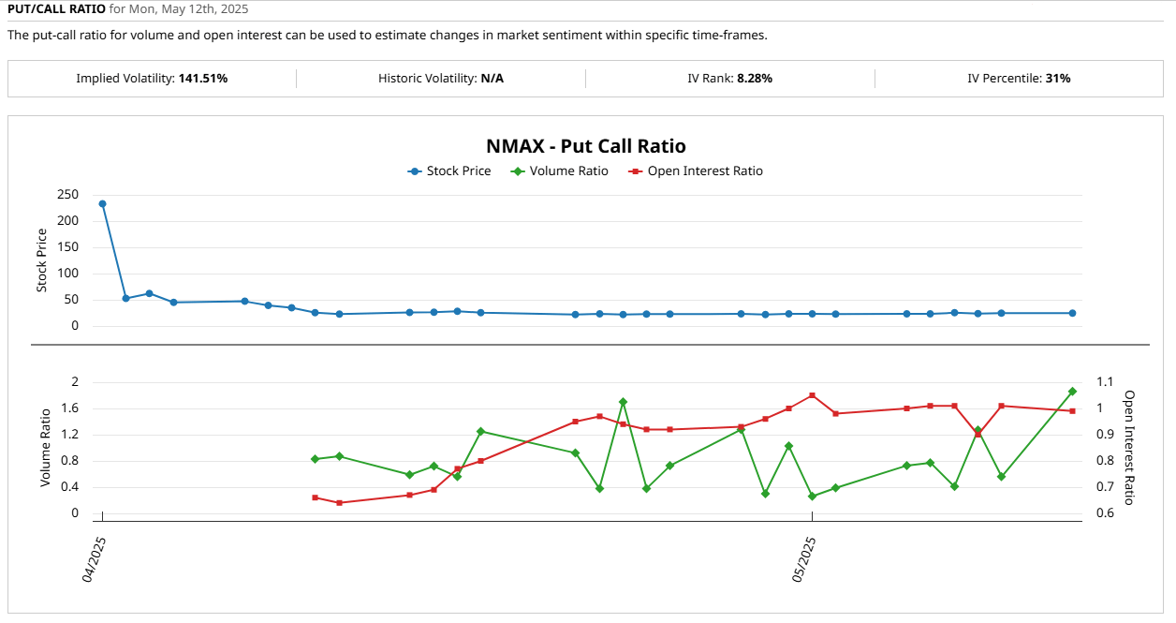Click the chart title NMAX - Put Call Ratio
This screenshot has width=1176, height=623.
click(x=586, y=146)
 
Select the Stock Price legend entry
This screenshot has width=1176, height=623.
click(x=458, y=171)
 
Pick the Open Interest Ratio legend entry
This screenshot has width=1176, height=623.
click(x=704, y=171)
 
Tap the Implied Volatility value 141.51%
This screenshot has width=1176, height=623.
click(x=202, y=79)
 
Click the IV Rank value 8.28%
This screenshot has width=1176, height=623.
click(x=754, y=79)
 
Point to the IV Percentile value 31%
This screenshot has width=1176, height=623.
click(x=1057, y=79)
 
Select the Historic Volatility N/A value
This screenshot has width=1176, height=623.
click(x=492, y=79)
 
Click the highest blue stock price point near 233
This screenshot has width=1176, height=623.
click(x=102, y=203)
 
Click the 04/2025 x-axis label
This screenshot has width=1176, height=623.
click(x=94, y=560)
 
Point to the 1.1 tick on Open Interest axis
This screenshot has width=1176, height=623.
click(x=1106, y=382)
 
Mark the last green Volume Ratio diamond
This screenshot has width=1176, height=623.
click(x=1072, y=392)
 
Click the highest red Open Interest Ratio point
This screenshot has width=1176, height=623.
click(x=812, y=395)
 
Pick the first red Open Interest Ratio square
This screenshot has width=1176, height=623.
click(x=315, y=497)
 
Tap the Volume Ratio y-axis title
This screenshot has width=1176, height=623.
click(x=45, y=447)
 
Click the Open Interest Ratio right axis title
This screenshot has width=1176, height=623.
click(x=1129, y=447)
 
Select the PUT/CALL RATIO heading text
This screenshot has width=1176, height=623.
click(x=56, y=9)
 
